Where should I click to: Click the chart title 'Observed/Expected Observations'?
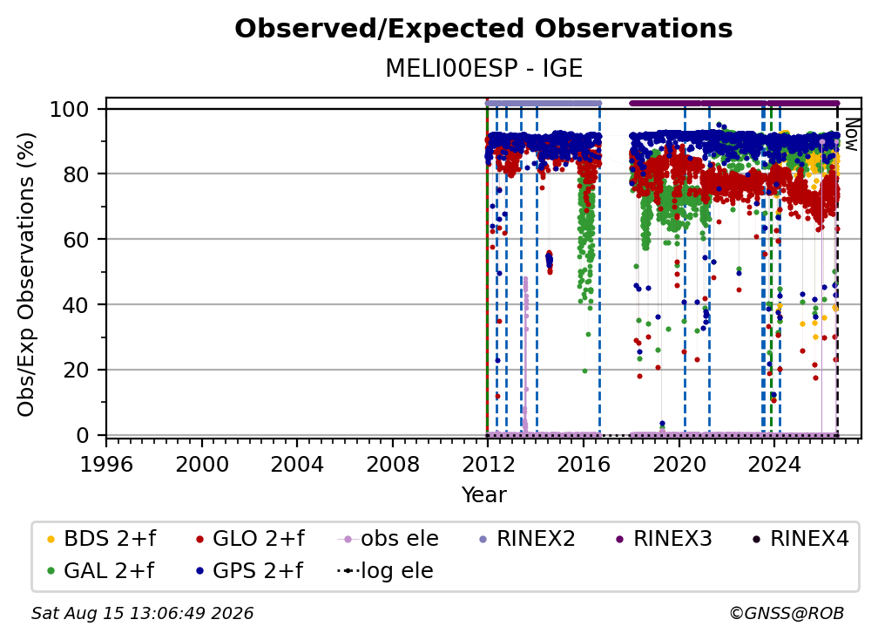483,29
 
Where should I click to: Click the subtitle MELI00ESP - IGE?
483,68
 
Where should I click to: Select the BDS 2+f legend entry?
101,539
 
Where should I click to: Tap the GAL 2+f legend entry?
100,571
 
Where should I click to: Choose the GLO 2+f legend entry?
250,539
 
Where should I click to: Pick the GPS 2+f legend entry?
249,571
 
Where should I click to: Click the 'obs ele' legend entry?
388,539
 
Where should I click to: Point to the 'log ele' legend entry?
385,571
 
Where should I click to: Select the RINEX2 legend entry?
527,539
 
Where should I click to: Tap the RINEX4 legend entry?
800,539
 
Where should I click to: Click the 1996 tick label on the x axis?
106,465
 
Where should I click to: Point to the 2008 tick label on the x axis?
393,465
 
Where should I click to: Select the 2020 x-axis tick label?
679,465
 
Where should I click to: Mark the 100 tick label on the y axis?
70,109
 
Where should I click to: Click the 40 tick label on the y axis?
76,305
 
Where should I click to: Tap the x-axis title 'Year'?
483,495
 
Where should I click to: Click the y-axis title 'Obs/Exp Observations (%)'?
26,275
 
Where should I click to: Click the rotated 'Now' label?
851,134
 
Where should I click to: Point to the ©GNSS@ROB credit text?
787,614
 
